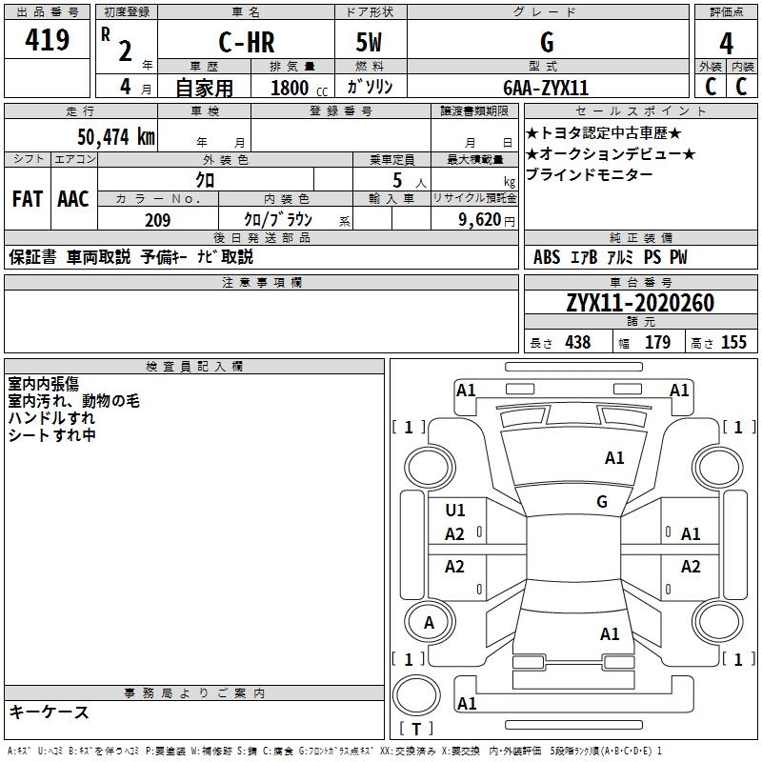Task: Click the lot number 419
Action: coord(47,39)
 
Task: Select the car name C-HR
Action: coord(247,42)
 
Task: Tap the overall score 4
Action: coord(726,44)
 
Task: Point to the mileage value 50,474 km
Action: coord(116,137)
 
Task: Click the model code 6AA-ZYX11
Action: coord(546,88)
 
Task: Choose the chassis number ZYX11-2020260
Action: coord(640,303)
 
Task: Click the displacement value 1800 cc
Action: coord(299,88)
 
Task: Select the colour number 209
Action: coord(157,220)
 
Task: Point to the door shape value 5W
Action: coord(369,42)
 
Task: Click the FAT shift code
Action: coord(28,199)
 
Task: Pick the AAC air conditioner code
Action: coord(73,199)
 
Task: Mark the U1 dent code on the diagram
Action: coord(455,510)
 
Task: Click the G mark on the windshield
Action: coord(602,501)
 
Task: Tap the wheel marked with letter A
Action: coord(430,622)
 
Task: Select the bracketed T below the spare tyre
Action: coord(416,729)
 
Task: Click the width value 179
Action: coord(657,342)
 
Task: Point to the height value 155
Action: coord(733,342)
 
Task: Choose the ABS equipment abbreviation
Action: coord(547,257)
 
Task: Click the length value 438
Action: coord(578,342)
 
